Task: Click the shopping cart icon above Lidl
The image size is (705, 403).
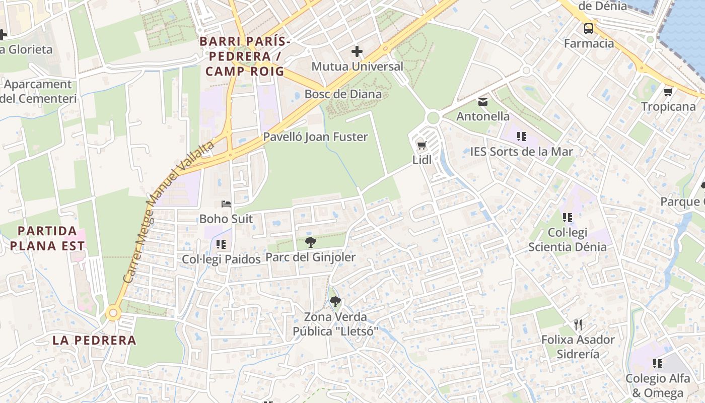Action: pos(421,146)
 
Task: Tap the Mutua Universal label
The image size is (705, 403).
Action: pos(358,66)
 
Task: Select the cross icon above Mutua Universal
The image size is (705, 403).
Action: pos(357,51)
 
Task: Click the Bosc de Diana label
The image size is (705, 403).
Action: pos(343,94)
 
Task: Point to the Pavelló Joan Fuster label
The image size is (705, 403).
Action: pos(316,137)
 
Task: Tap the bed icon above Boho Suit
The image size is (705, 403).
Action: pos(226,204)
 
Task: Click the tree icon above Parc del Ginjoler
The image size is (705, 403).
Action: pos(311,242)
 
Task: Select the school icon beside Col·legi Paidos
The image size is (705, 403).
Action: pos(221,244)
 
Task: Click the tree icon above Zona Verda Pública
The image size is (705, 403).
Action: pos(335,302)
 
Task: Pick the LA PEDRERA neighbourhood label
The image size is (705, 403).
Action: pos(94,340)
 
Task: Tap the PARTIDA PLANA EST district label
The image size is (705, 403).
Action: pos(47,239)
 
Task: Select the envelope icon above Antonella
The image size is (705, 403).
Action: pos(483,102)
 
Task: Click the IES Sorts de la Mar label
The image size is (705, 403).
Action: pos(521,151)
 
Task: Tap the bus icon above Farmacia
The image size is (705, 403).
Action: pos(588,29)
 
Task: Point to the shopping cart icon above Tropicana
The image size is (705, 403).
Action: pos(668,92)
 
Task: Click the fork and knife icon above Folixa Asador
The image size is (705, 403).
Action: pos(578,324)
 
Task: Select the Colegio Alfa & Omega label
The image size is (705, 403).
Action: pos(658,386)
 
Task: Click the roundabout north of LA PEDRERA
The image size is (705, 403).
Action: pos(113,313)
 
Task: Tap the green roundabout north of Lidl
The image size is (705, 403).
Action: pos(433,118)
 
